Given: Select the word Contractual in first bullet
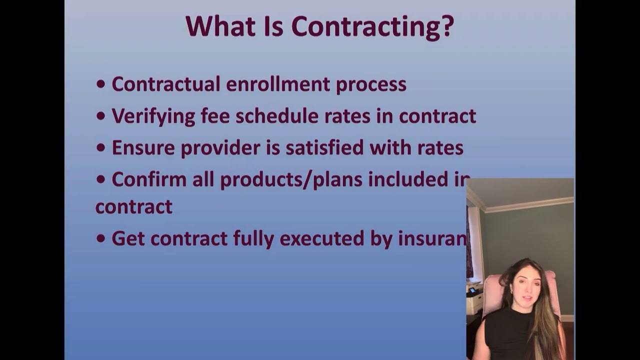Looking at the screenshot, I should [165, 84].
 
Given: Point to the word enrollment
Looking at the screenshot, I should [278, 84].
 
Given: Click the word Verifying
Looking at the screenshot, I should [153, 116].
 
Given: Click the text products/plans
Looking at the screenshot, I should [291, 179].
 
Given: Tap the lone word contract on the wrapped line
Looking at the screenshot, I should [133, 206].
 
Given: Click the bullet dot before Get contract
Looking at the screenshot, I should [101, 239].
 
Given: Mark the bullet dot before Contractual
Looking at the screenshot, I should [101, 84].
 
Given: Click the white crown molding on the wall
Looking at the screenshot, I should [530, 204].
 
